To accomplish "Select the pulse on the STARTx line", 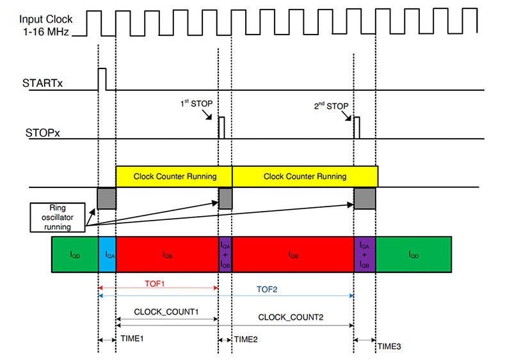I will (x=102, y=79).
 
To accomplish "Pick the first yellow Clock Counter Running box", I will (x=173, y=176).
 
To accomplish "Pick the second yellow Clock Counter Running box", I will (x=305, y=176).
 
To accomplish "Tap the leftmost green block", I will (x=75, y=254).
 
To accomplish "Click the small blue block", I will (x=108, y=254).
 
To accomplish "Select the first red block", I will (x=167, y=254).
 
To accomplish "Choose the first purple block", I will (x=225, y=254).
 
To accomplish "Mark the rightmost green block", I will (x=413, y=254).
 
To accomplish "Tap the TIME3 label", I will (x=389, y=346).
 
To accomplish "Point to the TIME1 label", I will (x=132, y=339).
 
